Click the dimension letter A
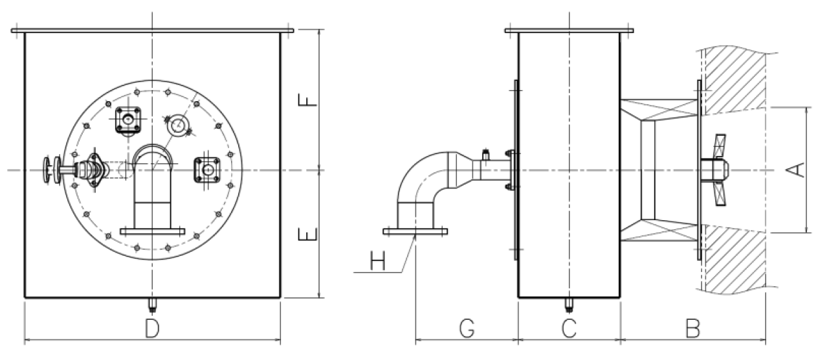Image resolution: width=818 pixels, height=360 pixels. [799, 170]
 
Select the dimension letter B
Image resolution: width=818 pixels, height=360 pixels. [692, 329]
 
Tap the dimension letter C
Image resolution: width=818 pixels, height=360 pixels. [568, 329]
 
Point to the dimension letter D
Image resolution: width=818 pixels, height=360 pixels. [152, 329]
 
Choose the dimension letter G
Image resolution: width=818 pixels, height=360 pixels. [466, 329]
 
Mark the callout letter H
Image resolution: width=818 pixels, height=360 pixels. [377, 262]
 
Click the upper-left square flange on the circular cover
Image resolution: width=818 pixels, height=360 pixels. [128, 120]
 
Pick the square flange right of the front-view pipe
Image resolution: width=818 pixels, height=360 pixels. [208, 170]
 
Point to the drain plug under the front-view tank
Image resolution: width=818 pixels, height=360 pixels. [153, 303]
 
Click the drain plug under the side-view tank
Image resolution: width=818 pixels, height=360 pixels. [568, 303]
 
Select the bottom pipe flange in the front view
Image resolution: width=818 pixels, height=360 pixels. [152, 231]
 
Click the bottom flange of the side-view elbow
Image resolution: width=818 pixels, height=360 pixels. [415, 231]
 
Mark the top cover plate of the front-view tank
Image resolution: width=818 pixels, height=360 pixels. [152, 30]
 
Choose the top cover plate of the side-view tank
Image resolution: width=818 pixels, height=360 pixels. [568, 30]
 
